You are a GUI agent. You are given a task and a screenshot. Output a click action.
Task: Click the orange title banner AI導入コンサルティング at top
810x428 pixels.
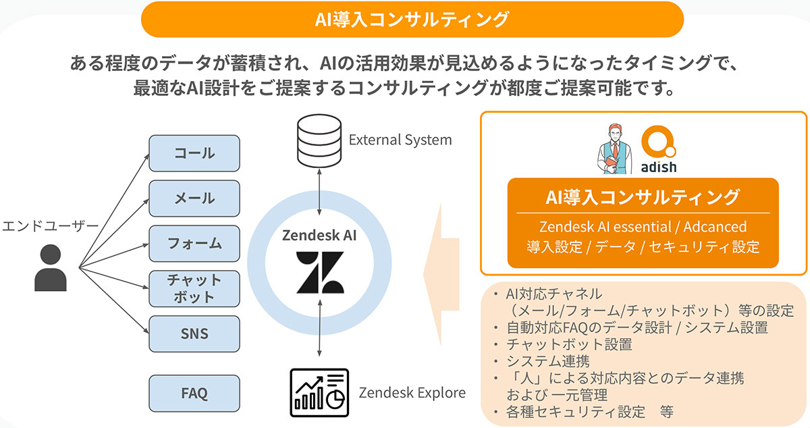pyautogui.click(x=412, y=19)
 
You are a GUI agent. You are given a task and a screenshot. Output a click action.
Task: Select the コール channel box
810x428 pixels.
pyautogui.click(x=194, y=153)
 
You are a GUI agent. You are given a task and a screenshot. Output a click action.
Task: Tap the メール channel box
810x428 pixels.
pyautogui.click(x=194, y=198)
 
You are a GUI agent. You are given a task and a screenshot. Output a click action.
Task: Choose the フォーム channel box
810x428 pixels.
pyautogui.click(x=194, y=243)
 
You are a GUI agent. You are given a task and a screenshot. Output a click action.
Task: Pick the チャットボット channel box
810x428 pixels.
pyautogui.click(x=194, y=288)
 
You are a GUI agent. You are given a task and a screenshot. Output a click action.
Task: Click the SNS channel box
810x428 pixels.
pyautogui.click(x=194, y=333)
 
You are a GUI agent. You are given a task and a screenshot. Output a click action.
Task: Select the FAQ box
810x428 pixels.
pyautogui.click(x=194, y=393)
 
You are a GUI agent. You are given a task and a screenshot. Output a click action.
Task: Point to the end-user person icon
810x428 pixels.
pyautogui.click(x=51, y=268)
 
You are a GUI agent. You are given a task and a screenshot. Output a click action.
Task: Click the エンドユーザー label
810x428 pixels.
pyautogui.click(x=51, y=225)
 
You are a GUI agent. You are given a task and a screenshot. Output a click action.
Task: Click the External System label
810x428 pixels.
pyautogui.click(x=400, y=140)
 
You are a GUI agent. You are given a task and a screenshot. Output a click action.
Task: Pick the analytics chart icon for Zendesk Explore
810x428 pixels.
pyautogui.click(x=319, y=392)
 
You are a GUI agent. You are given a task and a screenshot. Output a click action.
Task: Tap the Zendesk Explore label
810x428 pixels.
pyautogui.click(x=412, y=393)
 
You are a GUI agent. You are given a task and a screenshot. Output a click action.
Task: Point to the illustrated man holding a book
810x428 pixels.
pyautogui.click(x=613, y=148)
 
